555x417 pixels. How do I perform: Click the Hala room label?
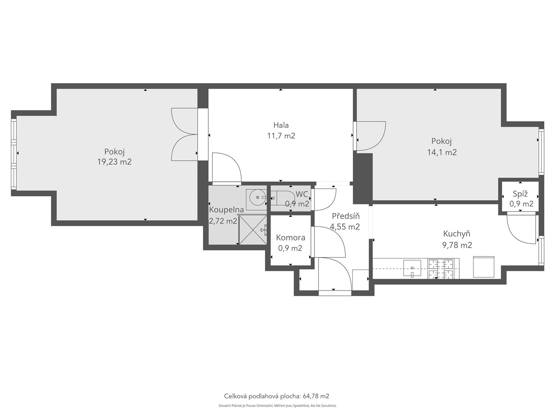[281, 125]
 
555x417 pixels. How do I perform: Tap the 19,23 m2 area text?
[114, 162]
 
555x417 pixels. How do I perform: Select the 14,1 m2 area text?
[442, 153]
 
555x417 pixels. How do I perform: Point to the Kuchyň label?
[456, 234]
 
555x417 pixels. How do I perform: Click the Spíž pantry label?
[520, 194]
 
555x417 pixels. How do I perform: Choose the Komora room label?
[291, 238]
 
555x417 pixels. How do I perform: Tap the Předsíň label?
[345, 216]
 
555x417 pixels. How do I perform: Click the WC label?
[302, 194]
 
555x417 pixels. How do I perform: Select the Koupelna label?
[227, 210]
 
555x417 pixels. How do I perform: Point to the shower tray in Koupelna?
[253, 230]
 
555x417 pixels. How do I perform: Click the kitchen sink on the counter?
[412, 268]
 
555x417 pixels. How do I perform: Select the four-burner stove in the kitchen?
[443, 269]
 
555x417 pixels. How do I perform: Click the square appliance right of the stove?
[484, 267]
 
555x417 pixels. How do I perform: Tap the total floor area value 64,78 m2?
[316, 396]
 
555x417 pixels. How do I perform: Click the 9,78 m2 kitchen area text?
[457, 245]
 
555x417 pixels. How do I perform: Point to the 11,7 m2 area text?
[281, 136]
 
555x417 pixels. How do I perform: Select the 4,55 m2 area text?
[345, 227]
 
